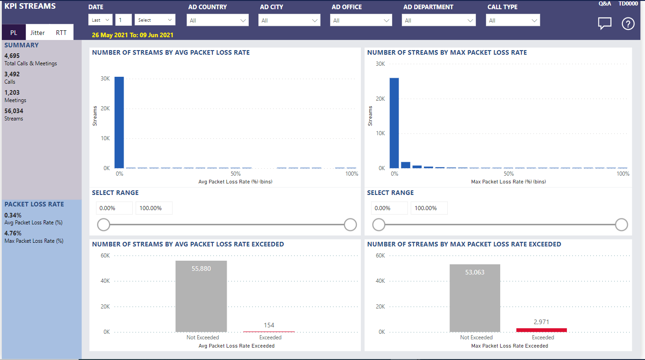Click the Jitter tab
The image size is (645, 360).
(38, 33)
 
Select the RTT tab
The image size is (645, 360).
(61, 33)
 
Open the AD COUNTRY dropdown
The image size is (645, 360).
(217, 20)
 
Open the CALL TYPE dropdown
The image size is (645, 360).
(513, 20)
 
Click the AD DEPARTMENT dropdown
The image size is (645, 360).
(439, 20)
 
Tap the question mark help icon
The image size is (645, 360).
(628, 23)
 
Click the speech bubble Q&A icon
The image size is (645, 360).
(605, 23)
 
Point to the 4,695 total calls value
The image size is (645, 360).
(12, 56)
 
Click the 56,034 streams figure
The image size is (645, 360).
(14, 111)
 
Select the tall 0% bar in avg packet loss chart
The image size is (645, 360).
(119, 122)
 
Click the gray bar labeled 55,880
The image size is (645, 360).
(201, 296)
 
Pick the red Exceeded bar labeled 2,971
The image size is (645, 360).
(541, 330)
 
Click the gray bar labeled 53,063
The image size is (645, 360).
(475, 298)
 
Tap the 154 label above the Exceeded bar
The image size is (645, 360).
(269, 325)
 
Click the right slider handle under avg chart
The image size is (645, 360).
(350, 224)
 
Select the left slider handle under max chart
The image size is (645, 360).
(378, 224)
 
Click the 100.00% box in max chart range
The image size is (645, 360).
(428, 208)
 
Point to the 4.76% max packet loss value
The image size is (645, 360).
(13, 233)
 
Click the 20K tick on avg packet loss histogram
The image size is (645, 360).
(105, 109)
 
